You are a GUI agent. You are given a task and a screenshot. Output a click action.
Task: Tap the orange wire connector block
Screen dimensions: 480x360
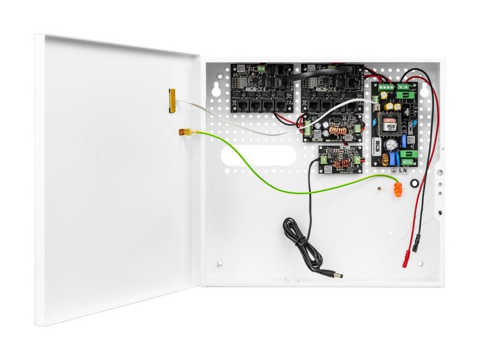[x=399, y=190]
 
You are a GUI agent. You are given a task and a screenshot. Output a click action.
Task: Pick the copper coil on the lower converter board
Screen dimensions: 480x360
[x=340, y=164]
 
